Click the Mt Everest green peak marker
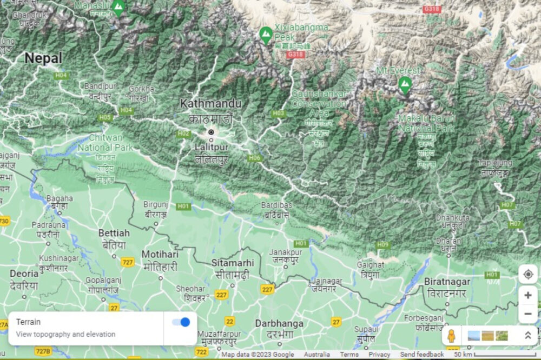[404, 84]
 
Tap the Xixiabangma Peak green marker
[266, 35]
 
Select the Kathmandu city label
[210, 103]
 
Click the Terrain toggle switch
[181, 322]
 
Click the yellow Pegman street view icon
[451, 336]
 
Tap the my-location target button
[528, 274]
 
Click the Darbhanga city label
[279, 323]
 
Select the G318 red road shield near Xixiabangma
[296, 55]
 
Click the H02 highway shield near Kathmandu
[184, 134]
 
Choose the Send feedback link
[422, 355]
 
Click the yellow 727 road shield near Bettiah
[128, 262]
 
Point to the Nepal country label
[44, 58]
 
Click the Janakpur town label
[286, 252]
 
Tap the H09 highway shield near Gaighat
[383, 245]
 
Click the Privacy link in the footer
[379, 355]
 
